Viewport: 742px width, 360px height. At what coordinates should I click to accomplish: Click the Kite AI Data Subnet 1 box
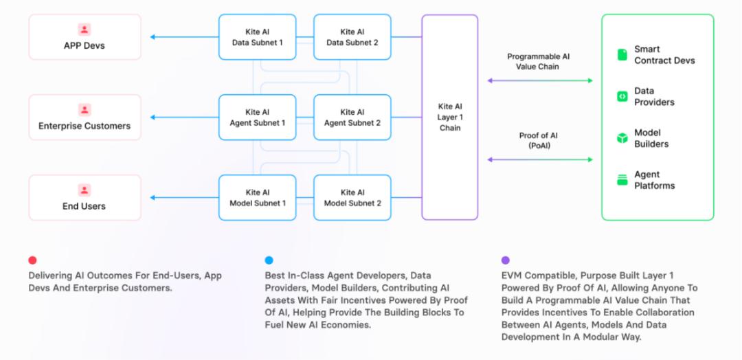[258, 37]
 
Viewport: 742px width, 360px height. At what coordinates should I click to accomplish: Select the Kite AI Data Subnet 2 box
[352, 37]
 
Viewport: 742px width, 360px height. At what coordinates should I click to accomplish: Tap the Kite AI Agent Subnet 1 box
[258, 117]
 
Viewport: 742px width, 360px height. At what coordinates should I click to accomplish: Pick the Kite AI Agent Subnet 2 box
[352, 117]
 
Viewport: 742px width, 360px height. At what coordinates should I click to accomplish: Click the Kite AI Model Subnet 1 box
[258, 198]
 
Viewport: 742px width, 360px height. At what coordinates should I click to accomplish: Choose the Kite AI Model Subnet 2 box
[352, 198]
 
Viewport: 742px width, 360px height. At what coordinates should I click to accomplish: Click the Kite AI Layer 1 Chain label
[449, 117]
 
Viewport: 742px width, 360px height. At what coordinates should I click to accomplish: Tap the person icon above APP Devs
[85, 30]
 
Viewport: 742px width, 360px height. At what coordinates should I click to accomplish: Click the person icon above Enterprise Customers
[85, 110]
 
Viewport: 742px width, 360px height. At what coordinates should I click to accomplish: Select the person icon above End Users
[85, 190]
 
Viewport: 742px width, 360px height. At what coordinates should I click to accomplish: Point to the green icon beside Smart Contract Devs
[622, 54]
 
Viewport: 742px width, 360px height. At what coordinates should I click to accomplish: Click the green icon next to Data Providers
[622, 96]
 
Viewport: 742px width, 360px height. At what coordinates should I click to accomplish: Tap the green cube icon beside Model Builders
[622, 138]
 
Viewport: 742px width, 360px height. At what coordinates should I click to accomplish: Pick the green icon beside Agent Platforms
[622, 180]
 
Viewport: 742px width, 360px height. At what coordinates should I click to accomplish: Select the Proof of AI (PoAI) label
[539, 141]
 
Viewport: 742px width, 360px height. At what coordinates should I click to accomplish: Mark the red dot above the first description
[32, 260]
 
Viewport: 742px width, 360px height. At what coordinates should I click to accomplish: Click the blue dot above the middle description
[269, 260]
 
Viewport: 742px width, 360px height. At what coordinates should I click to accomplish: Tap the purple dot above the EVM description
[506, 260]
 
